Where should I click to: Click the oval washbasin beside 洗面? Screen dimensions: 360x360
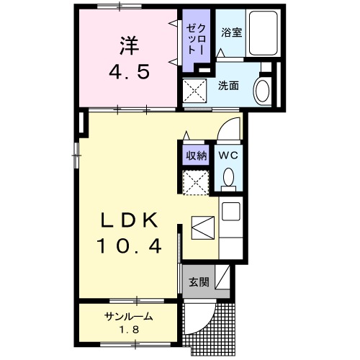[262, 92]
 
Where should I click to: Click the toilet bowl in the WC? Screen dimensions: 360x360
[229, 178]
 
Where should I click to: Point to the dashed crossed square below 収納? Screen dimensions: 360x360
[195, 183]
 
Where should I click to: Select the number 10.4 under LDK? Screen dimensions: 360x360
[128, 246]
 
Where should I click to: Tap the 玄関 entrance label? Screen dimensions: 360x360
[199, 282]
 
